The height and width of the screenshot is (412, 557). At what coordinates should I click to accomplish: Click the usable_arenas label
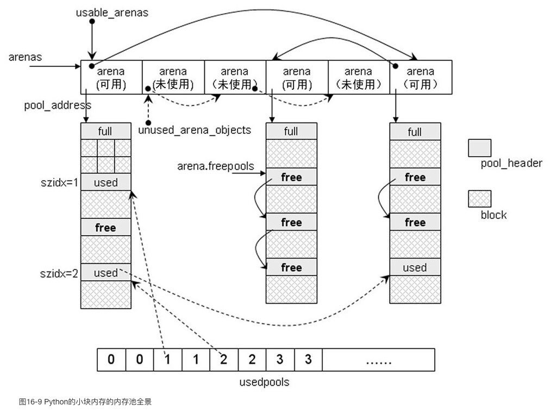112,12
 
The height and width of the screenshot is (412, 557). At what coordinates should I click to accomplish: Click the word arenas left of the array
26,57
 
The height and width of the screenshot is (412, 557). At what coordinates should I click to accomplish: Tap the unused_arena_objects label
195,130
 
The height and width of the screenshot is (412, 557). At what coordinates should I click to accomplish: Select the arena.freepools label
216,166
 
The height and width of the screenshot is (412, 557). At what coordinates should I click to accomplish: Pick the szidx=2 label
58,273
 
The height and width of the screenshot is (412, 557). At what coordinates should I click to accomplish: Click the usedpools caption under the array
264,382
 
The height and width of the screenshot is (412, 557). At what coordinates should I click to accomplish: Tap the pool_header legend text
511,163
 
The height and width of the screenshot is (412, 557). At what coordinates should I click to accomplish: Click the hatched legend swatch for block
480,199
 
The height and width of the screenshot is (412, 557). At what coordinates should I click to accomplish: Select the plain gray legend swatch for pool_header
480,147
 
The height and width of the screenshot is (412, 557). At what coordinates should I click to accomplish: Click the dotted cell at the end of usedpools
378,360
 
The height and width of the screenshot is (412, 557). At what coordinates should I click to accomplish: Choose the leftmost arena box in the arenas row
111,77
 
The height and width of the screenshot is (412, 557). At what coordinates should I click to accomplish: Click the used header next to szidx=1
105,182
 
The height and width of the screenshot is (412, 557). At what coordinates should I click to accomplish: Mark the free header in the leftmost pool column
105,227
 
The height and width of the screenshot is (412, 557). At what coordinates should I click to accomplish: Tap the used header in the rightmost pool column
415,267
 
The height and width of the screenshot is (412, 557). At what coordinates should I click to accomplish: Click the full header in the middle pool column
291,131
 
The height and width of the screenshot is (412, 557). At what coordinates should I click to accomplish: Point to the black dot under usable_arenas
92,21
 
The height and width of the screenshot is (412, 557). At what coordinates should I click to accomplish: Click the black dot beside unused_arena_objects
148,123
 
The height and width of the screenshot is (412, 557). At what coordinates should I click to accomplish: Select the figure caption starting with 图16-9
85,402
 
